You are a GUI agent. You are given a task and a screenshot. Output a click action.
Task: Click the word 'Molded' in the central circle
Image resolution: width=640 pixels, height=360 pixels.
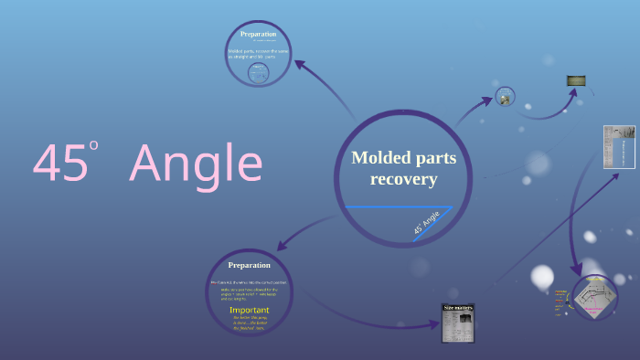click(378, 158)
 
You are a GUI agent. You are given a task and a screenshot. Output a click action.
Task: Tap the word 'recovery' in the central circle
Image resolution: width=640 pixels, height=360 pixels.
click(403, 179)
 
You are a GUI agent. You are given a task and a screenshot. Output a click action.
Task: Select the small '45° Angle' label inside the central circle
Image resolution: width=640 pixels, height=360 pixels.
click(426, 222)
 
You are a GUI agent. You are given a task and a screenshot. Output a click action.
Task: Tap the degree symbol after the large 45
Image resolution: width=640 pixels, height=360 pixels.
click(93, 144)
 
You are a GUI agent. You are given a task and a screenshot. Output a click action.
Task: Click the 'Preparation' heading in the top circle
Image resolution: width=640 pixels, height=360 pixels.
click(258, 35)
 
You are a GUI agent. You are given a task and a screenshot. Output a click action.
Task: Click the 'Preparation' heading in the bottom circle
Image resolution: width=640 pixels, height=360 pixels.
click(249, 265)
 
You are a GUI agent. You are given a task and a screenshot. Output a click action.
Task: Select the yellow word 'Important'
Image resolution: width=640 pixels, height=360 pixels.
click(249, 309)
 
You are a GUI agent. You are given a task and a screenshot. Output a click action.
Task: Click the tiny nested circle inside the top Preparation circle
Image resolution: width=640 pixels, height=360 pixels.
click(258, 73)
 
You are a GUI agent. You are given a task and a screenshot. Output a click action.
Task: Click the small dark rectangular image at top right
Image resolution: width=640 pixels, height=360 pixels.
click(576, 80)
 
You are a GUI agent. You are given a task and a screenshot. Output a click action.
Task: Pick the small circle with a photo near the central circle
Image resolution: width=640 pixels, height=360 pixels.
click(505, 96)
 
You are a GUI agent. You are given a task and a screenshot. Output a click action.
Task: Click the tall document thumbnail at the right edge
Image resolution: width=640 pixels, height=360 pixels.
click(618, 146)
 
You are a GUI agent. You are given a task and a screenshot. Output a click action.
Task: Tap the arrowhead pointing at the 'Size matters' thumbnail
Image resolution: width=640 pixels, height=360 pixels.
click(433, 323)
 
